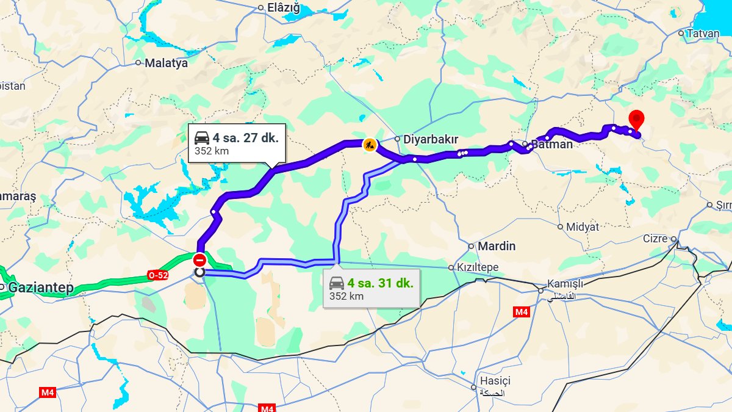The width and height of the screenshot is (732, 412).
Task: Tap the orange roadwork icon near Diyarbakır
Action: click(x=369, y=145)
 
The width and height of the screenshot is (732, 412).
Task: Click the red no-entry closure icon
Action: click(x=199, y=260)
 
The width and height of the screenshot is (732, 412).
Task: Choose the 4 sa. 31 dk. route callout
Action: click(x=371, y=289)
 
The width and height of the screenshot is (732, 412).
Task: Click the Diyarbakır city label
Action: click(x=430, y=139)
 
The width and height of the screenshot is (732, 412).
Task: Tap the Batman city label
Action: click(x=551, y=145)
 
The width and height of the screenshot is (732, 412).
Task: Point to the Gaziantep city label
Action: click(x=41, y=287)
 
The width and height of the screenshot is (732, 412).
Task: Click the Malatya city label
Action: click(x=166, y=62)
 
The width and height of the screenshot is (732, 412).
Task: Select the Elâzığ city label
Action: click(x=284, y=8)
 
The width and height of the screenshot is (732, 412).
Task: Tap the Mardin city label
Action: click(x=496, y=246)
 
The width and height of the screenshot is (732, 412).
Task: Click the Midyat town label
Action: click(x=583, y=226)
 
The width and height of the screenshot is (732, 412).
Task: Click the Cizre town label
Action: click(x=655, y=239)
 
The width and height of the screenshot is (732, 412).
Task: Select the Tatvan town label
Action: click(x=703, y=34)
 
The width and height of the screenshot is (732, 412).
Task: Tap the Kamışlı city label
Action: click(x=565, y=284)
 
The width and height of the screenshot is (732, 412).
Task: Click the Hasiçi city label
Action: click(x=494, y=381)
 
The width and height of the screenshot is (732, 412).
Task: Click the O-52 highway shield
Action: click(x=157, y=276)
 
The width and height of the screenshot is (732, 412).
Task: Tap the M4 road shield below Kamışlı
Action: click(x=521, y=312)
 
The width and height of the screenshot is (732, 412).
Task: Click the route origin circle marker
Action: click(x=199, y=272)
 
